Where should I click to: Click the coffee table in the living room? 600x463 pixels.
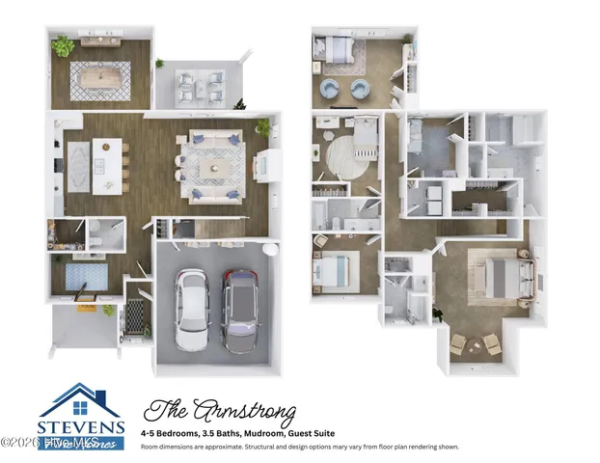click(x=214, y=167)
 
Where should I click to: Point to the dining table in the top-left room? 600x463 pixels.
click(x=104, y=74)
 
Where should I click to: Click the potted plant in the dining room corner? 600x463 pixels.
click(x=64, y=45)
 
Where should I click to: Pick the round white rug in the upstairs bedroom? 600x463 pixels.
click(x=344, y=152)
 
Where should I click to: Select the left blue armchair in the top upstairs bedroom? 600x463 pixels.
click(x=329, y=89)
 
